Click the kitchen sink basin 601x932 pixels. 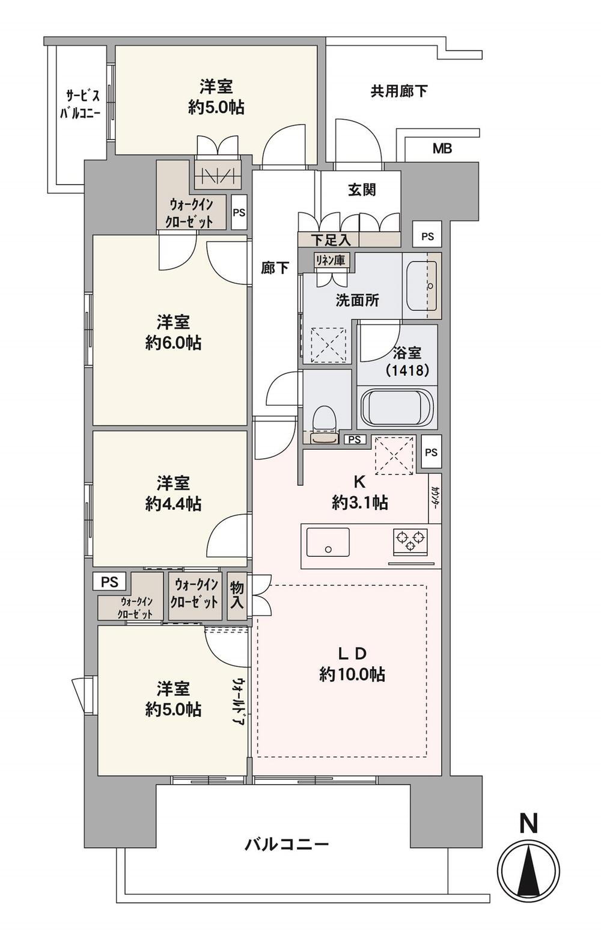coord(328,542)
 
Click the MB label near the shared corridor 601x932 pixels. coord(442,148)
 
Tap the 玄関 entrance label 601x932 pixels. coord(361,190)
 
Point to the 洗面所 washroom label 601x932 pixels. coord(357,301)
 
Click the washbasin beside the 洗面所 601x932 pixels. coord(421,286)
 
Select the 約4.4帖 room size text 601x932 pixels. coord(174,504)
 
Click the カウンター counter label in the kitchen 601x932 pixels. coord(435,498)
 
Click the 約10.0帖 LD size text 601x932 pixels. coord(352,674)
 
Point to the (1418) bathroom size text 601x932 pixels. coord(407,370)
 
